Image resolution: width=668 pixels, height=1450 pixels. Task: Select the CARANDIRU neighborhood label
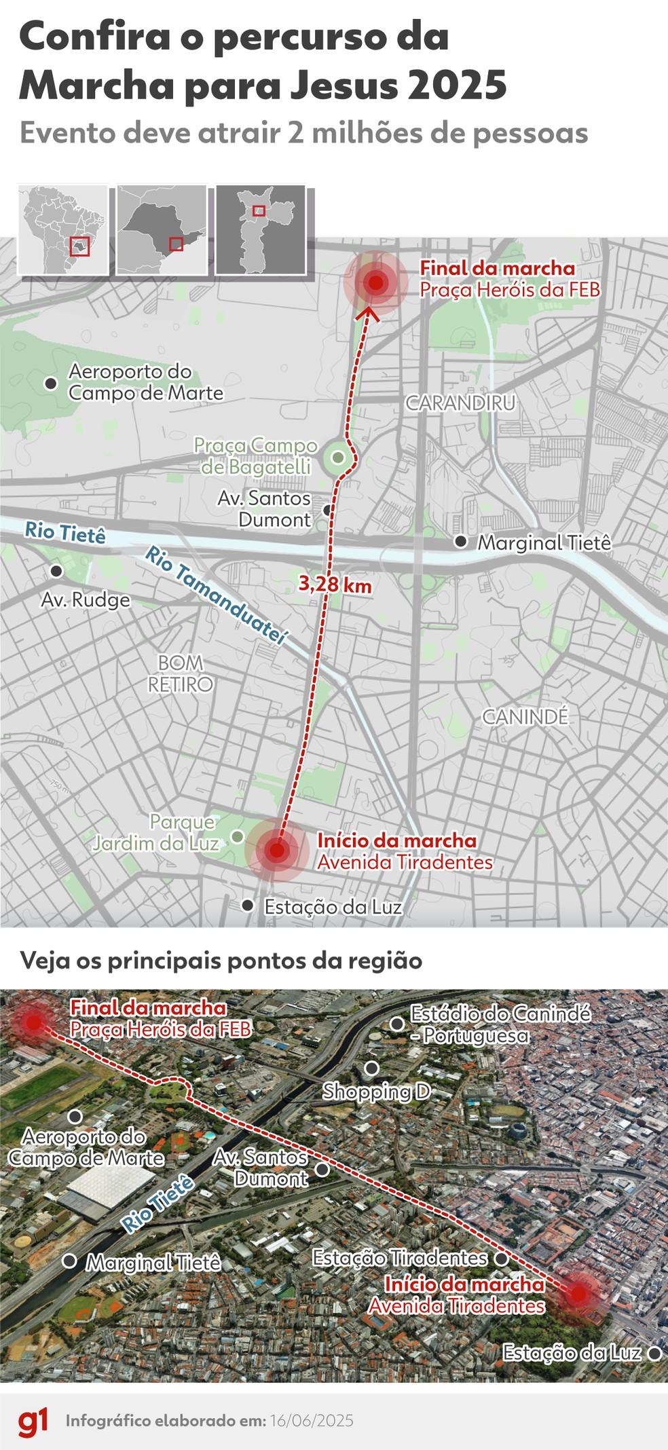pos(460,403)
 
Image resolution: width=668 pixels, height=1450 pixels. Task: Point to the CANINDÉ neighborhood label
pos(525,717)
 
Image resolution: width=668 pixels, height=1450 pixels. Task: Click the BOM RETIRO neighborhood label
pos(181,673)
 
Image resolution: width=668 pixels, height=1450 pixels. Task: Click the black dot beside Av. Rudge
pos(56,571)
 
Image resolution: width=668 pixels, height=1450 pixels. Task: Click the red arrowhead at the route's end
pos(371,312)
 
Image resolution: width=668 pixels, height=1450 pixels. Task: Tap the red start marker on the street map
pos(276,850)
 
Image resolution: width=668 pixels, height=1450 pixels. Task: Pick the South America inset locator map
pos(62,229)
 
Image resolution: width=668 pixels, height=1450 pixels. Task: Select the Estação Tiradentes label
pos(400,1258)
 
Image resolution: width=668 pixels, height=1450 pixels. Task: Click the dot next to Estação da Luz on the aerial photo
pos(654,1353)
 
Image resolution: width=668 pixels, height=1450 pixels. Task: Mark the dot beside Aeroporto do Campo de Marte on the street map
pos(50,384)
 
